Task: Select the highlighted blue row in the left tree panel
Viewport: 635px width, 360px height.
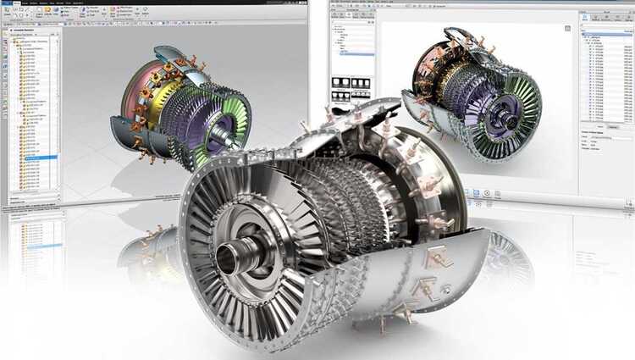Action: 41,158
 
